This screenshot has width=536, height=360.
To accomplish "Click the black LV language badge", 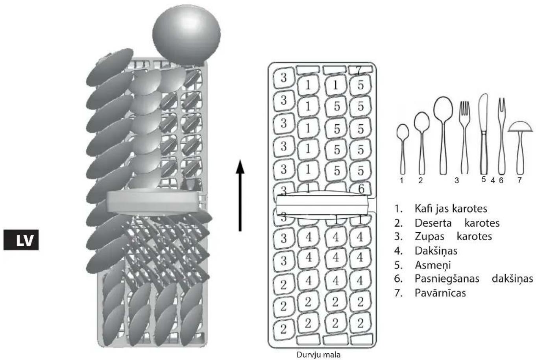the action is click(x=21, y=240).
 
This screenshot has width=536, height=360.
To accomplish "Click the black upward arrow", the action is click(x=240, y=195).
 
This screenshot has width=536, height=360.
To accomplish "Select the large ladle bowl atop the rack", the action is click(x=187, y=35).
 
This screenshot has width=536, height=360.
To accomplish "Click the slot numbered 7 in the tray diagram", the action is click(x=360, y=70).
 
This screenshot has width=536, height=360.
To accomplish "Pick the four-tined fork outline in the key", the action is click(x=464, y=138).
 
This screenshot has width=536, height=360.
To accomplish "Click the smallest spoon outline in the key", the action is click(x=403, y=149).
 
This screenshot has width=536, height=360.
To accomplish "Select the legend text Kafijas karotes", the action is click(x=451, y=209).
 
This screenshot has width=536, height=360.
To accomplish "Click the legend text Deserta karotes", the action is click(x=457, y=223).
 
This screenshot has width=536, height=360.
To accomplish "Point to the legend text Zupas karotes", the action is click(x=453, y=236).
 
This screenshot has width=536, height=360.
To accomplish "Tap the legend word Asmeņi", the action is click(x=432, y=265).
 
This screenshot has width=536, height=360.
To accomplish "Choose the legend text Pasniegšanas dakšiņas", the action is click(x=474, y=279).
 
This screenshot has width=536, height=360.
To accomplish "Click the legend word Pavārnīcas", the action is click(x=440, y=293).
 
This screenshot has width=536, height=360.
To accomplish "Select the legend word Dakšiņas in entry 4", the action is click(x=436, y=251).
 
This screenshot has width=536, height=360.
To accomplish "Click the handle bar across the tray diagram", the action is click(x=322, y=205).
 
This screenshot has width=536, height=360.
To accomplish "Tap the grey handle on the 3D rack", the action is click(x=153, y=202).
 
